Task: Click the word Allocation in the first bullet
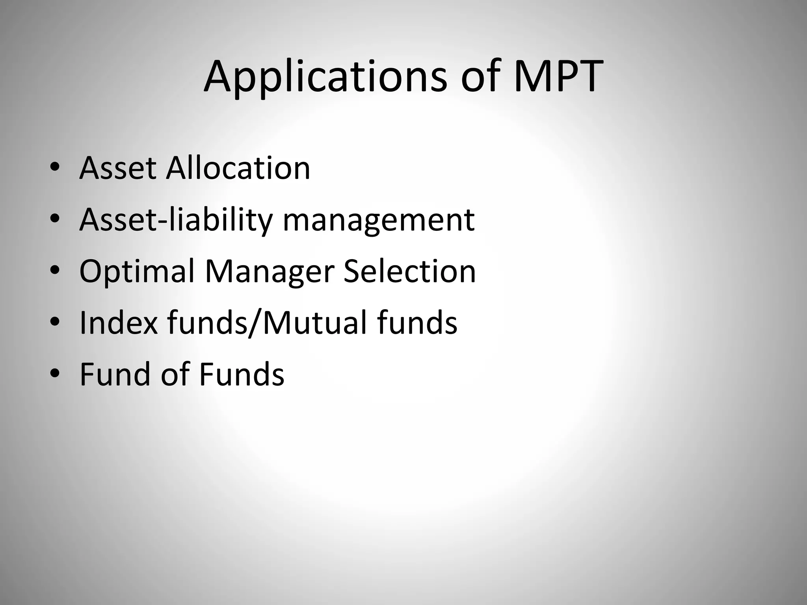point(238,168)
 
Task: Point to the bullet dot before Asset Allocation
point(55,168)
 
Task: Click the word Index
point(118,323)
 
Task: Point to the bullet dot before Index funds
point(55,323)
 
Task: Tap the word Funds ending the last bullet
point(242,374)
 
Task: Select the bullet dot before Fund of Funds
point(55,374)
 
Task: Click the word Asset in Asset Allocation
point(118,168)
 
